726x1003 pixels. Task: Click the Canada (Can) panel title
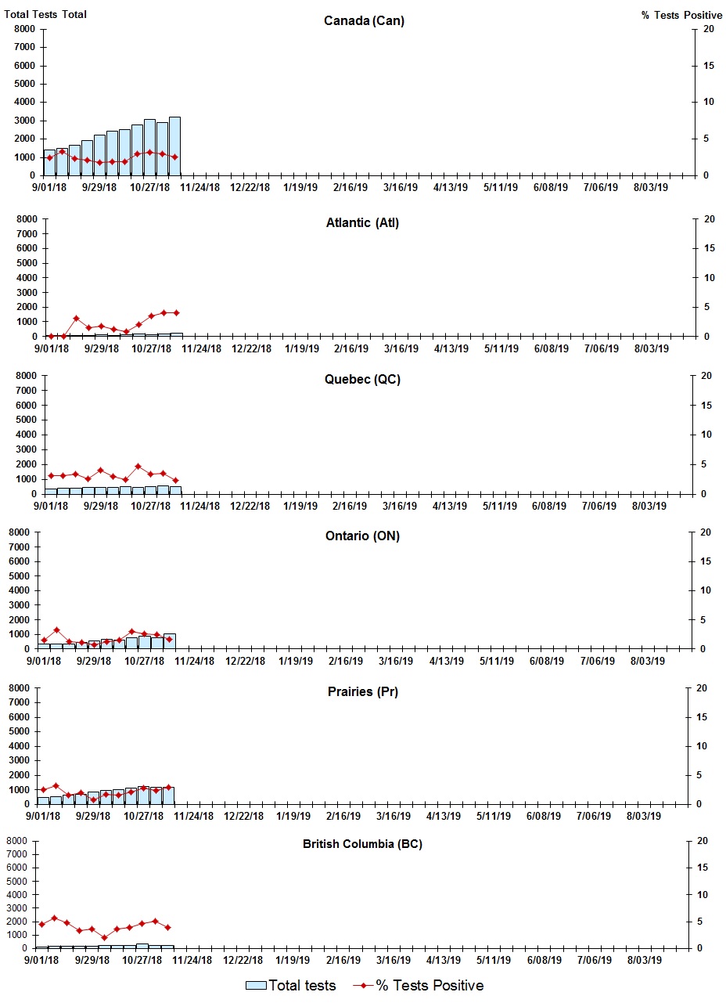[364, 21]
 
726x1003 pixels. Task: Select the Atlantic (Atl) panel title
[362, 223]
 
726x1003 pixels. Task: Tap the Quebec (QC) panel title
[362, 380]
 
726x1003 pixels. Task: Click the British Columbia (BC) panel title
[363, 844]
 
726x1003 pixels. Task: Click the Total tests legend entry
[291, 986]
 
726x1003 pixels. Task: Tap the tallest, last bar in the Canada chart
[174, 146]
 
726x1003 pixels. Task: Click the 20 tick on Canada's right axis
[708, 29]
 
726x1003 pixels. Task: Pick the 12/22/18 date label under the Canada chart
[250, 188]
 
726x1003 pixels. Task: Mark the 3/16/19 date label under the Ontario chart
[396, 662]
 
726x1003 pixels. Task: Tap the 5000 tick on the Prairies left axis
[19, 732]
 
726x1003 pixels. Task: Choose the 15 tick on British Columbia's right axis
[702, 868]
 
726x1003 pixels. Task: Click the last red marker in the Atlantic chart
[176, 312]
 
